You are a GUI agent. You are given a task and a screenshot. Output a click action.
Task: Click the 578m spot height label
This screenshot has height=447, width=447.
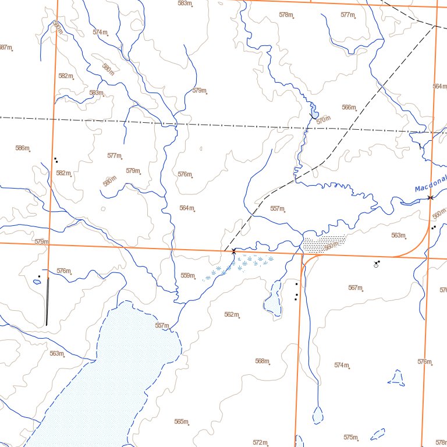(x=286, y=15)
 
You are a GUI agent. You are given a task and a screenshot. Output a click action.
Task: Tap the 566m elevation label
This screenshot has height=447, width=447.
(x=349, y=107)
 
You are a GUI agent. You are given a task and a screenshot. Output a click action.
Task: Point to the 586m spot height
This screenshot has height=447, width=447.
(x=22, y=148)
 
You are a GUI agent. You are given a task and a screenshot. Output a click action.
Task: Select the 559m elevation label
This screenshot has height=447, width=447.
(x=187, y=275)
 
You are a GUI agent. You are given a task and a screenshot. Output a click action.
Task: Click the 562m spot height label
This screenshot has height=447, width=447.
(x=231, y=314)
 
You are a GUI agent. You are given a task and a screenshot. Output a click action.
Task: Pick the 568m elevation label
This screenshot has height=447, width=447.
(x=262, y=361)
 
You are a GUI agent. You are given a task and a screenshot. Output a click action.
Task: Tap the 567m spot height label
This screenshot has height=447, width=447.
(x=355, y=288)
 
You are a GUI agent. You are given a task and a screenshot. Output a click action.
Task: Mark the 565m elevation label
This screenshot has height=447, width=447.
(x=181, y=421)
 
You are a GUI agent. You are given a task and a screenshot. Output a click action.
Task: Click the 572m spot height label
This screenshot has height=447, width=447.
(x=260, y=442)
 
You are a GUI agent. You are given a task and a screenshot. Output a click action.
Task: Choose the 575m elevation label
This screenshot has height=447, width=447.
(x=350, y=437)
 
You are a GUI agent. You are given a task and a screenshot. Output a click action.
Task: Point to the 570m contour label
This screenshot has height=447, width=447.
(x=323, y=120)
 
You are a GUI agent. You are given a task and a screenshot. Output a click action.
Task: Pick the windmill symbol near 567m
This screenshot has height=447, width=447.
(x=378, y=264)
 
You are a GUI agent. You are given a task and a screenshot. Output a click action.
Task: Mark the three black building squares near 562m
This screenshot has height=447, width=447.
(x=296, y=291)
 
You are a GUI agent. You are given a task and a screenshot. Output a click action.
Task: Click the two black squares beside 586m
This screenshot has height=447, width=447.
(x=56, y=159)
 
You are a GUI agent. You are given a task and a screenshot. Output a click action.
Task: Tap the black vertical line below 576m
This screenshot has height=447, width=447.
(x=47, y=301)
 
